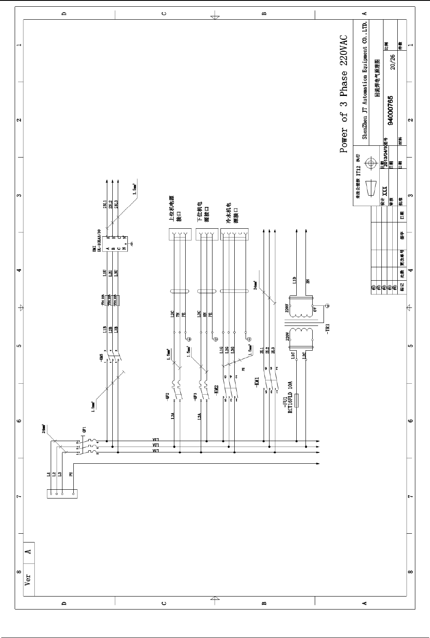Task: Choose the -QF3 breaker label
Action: [195, 396]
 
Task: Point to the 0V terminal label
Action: [315, 310]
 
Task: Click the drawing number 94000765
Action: [390, 111]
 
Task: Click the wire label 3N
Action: [308, 282]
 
